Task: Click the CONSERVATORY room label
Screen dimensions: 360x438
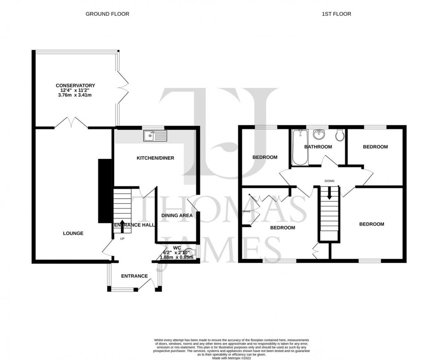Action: point(75,85)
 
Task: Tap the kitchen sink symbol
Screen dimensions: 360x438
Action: point(155,135)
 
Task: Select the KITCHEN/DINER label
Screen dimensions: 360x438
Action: point(155,158)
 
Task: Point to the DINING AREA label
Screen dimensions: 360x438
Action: point(177,215)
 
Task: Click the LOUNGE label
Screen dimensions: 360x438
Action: point(73,233)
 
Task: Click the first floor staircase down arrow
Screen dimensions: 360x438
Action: point(329,193)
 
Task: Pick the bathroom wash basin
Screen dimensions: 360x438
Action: point(319,134)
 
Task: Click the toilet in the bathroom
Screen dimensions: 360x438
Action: point(340,134)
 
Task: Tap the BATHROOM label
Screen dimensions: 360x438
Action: point(318,147)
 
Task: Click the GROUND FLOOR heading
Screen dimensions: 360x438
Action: point(107,14)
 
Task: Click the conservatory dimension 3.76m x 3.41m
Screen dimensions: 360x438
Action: point(75,95)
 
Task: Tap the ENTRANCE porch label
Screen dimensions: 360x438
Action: point(135,276)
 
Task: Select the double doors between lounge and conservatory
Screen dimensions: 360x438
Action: point(72,123)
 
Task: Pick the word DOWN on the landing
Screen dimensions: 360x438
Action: point(330,181)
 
